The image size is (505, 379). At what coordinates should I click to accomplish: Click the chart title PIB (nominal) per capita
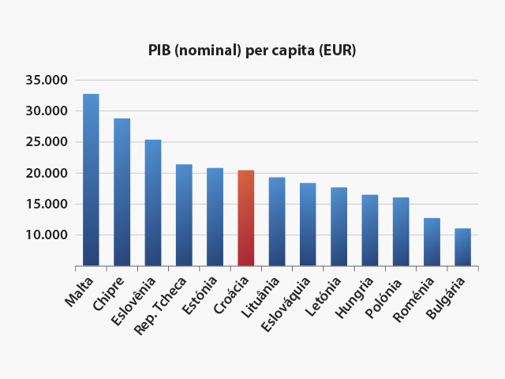tap(252, 51)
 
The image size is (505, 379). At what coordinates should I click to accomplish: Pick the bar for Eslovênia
tap(153, 203)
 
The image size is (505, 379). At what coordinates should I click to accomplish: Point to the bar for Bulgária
tap(462, 247)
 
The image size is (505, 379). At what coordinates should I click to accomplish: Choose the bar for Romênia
tap(432, 242)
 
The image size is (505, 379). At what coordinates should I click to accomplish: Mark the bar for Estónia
tap(215, 217)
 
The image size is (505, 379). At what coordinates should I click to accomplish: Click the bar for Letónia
tap(339, 227)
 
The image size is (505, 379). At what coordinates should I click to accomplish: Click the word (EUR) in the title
tap(337, 51)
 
